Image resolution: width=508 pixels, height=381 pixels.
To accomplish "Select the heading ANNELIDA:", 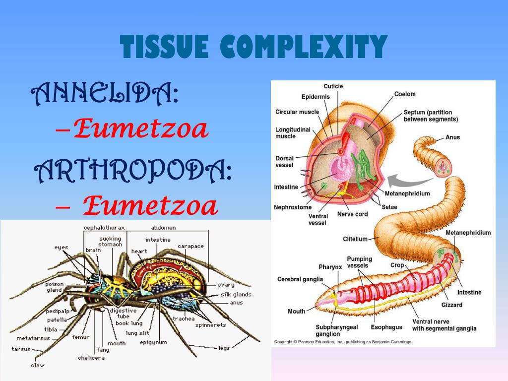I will click(105, 94).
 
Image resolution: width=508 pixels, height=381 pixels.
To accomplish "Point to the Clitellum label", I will click(355, 239).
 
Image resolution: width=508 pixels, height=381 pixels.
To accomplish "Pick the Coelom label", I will click(405, 94).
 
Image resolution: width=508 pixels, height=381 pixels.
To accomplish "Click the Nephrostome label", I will click(293, 207).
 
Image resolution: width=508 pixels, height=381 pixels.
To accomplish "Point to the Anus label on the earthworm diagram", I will click(452, 137).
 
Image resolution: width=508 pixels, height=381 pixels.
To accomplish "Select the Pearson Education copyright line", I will click(343, 342).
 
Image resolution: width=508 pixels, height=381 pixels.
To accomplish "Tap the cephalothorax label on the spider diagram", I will click(104, 228).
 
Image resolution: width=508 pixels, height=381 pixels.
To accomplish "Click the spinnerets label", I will click(210, 325).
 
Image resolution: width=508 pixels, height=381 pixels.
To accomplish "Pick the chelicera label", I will click(91, 358).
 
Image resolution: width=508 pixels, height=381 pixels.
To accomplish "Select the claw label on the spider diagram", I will click(37, 365).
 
